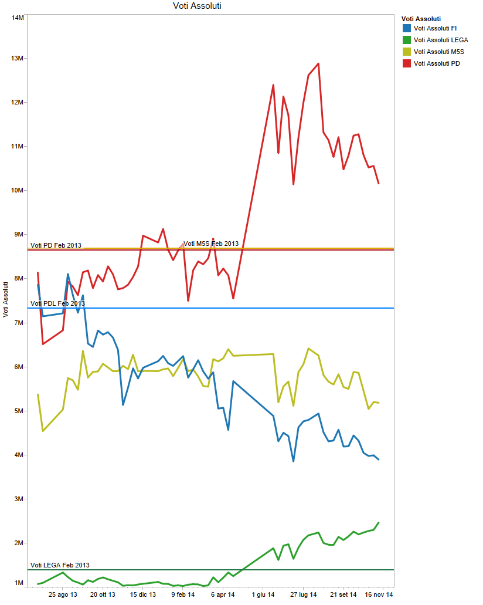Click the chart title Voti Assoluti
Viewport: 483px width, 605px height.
pyautogui.click(x=197, y=6)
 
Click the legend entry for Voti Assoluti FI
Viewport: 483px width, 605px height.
pyautogui.click(x=435, y=28)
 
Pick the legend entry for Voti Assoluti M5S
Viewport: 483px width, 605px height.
pyautogui.click(x=438, y=52)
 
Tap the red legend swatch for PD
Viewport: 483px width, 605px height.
pyautogui.click(x=406, y=63)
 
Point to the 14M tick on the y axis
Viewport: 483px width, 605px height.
pyautogui.click(x=18, y=18)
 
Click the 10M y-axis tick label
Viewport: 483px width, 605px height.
pyautogui.click(x=18, y=190)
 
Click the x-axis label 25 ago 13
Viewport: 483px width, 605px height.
pyautogui.click(x=63, y=595)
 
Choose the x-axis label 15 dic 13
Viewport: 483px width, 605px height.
pyautogui.click(x=143, y=595)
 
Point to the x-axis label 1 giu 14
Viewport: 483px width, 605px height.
pyautogui.click(x=264, y=595)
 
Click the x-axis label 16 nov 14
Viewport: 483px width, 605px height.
pyautogui.click(x=379, y=595)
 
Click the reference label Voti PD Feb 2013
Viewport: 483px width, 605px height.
pyautogui.click(x=56, y=245)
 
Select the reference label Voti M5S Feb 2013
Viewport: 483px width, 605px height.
pyautogui.click(x=211, y=244)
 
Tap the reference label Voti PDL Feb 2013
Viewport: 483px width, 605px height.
pyautogui.click(x=57, y=303)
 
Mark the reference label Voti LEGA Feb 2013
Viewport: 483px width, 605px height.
pyautogui.click(x=60, y=565)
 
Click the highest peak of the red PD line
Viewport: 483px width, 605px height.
pyautogui.click(x=318, y=63)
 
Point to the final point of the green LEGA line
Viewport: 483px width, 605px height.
pyautogui.click(x=379, y=522)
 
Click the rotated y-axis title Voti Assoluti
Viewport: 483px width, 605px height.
pyautogui.click(x=5, y=299)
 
